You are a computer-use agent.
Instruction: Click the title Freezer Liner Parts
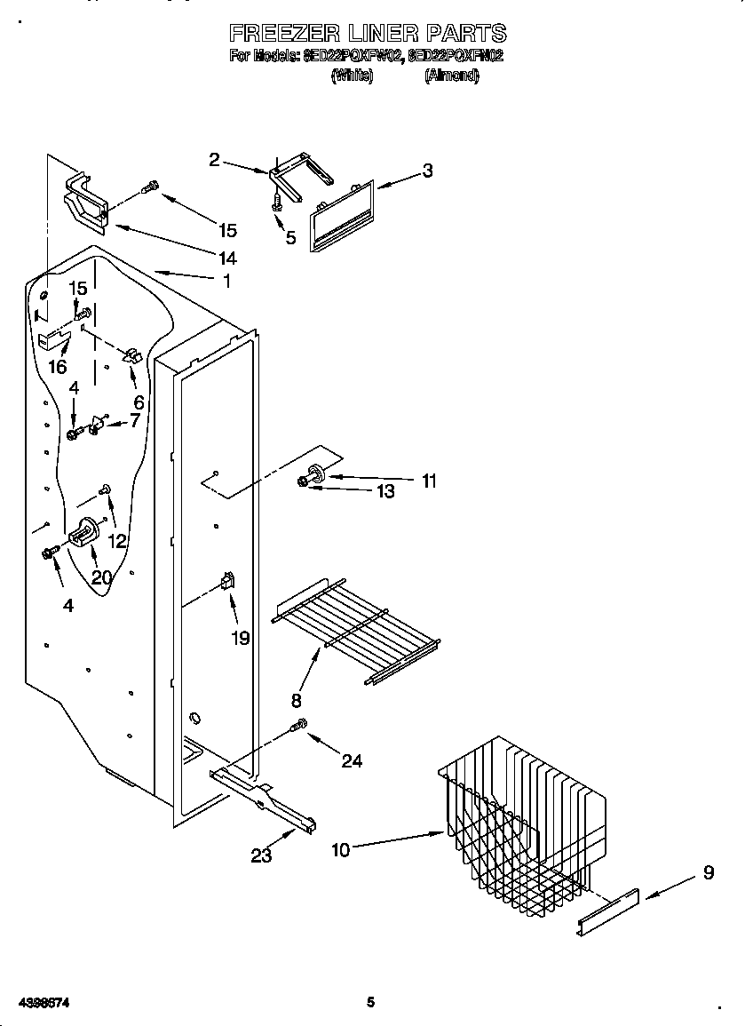click(368, 34)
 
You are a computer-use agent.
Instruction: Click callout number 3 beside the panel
click(427, 171)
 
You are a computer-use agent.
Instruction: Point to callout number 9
click(708, 873)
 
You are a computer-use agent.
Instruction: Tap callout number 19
click(240, 638)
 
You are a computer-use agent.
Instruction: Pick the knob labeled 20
click(83, 534)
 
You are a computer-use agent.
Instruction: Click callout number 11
click(429, 481)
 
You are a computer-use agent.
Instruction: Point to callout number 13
click(385, 491)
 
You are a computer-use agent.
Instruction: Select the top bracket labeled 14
click(86, 203)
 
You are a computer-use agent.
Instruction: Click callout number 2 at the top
click(214, 160)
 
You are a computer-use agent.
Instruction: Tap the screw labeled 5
click(277, 203)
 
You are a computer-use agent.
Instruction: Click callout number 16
click(57, 367)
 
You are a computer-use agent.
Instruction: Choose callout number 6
click(139, 402)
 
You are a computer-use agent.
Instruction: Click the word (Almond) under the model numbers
click(451, 76)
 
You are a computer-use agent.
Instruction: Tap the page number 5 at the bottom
click(371, 1002)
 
